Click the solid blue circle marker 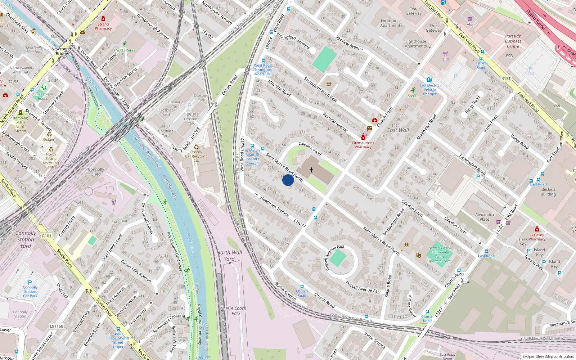[x=288, y=180]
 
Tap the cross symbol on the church [x=311, y=170]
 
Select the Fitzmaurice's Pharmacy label [x=363, y=145]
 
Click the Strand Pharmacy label [x=103, y=26]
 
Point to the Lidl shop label [x=446, y=59]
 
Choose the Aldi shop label [x=470, y=24]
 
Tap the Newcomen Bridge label [x=62, y=51]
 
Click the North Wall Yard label [x=229, y=256]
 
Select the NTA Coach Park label [x=236, y=311]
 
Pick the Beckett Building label [x=548, y=192]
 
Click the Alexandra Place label [x=484, y=217]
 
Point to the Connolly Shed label [x=96, y=172]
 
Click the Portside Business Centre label [x=513, y=41]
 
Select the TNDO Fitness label [x=124, y=50]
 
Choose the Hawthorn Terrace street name [x=274, y=206]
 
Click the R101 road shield [x=47, y=236]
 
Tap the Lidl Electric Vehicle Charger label [x=429, y=90]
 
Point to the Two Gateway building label [x=414, y=11]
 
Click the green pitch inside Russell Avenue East [x=338, y=258]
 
